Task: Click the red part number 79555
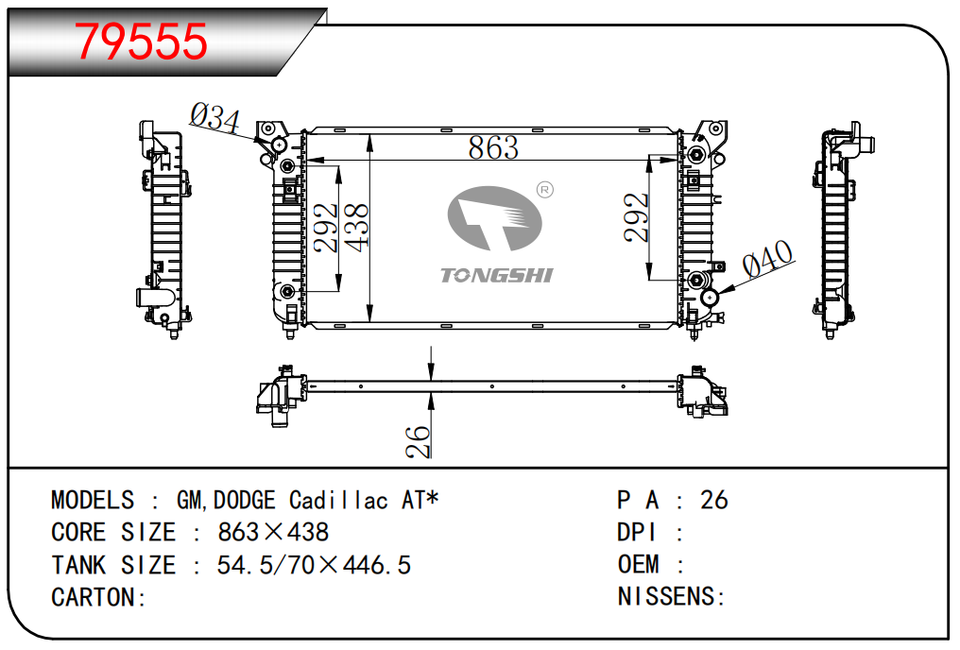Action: [x=142, y=41]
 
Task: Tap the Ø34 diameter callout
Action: [x=215, y=118]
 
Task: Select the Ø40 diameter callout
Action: [x=767, y=259]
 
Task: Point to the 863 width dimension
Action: [x=493, y=147]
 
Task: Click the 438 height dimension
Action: [x=357, y=228]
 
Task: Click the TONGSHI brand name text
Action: [x=496, y=275]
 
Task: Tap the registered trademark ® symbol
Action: [x=544, y=191]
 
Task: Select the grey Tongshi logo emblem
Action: [x=493, y=218]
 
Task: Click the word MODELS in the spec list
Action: [x=93, y=500]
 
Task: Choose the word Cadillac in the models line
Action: [x=338, y=500]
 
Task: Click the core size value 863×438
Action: [x=273, y=532]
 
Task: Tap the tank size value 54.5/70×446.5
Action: [x=314, y=565]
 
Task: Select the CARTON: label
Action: [x=98, y=597]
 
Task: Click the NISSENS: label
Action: [x=671, y=597]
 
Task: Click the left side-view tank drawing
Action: [x=163, y=227]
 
